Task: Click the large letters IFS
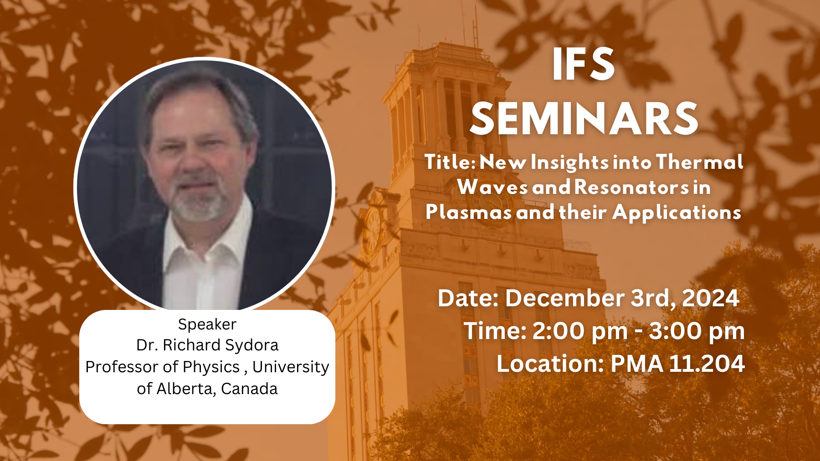[584, 64]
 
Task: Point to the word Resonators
[632, 187]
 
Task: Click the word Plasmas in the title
[469, 212]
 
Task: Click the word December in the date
[565, 298]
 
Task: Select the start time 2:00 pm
[580, 331]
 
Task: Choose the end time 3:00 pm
[697, 331]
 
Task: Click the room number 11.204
[707, 364]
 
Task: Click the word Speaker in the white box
[207, 324]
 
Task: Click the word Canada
[249, 389]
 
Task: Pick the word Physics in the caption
[211, 367]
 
